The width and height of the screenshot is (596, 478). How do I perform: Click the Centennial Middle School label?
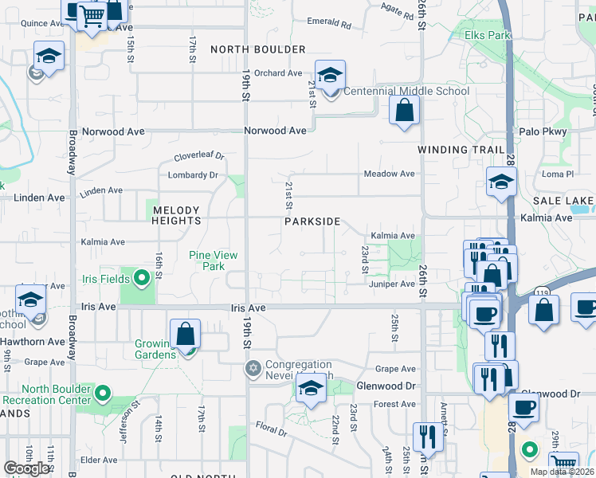[x=406, y=91]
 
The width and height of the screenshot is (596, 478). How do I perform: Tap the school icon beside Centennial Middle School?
[x=330, y=76]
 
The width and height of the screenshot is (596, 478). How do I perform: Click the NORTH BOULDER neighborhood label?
[x=257, y=49]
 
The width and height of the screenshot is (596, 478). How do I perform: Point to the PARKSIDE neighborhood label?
[x=312, y=221]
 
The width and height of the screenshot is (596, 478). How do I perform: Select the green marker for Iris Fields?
[x=142, y=278]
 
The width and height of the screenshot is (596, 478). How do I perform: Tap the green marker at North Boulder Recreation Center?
[x=103, y=393]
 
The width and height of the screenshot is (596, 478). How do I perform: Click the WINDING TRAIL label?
[x=461, y=150]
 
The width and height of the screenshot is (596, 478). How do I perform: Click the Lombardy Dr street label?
[x=192, y=175]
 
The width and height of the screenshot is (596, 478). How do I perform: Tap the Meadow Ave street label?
[x=389, y=174]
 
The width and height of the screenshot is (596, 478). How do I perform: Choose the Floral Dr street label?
[x=272, y=432]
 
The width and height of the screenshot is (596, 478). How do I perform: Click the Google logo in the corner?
[x=26, y=468]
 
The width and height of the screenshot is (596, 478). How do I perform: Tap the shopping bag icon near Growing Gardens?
[x=186, y=335]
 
